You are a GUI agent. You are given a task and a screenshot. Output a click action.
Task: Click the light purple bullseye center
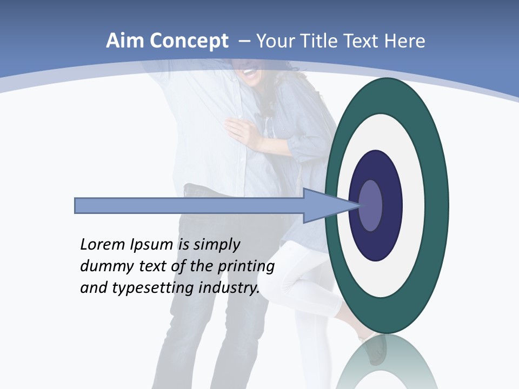click(x=371, y=205)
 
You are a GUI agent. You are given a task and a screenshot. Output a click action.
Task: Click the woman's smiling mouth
click(x=249, y=71)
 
